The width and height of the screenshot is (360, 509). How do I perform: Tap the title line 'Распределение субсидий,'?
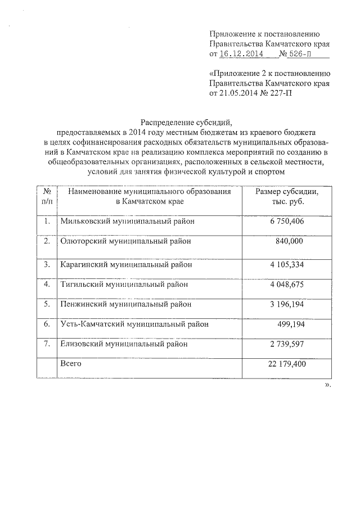point(186,121)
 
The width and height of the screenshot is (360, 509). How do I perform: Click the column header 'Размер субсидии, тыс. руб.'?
point(287,196)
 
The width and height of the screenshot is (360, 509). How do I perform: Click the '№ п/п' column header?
point(47,196)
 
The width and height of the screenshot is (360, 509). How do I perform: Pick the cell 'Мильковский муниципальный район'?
point(128,221)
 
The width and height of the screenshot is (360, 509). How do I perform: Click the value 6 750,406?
point(287,221)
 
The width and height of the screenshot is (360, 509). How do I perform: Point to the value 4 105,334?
point(287,264)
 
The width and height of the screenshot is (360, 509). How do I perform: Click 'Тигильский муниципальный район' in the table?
point(124,284)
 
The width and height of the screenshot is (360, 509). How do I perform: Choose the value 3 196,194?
point(287,304)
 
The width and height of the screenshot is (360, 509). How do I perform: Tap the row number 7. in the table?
point(47,343)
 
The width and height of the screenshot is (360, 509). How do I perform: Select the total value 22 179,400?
point(285,364)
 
